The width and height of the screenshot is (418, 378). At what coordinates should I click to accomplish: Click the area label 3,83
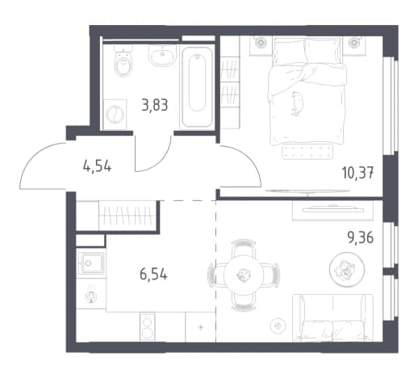pyautogui.click(x=155, y=105)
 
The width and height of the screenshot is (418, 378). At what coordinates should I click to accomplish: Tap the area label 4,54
pyautogui.click(x=97, y=166)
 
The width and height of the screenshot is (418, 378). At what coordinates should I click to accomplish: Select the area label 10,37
pyautogui.click(x=357, y=173)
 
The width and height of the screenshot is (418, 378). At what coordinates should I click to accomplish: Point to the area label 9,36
pyautogui.click(x=361, y=237)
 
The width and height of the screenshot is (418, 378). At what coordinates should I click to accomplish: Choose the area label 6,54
pyautogui.click(x=153, y=275)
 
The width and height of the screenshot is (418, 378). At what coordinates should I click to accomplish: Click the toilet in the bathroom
pyautogui.click(x=123, y=61)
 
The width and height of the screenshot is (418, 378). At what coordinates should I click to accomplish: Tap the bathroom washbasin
pyautogui.click(x=162, y=55)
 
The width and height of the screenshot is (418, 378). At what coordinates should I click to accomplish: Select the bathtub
pyautogui.click(x=197, y=86)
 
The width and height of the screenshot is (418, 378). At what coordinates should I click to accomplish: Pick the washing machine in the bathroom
pyautogui.click(x=115, y=115)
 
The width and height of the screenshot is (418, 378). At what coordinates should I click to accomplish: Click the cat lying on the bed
pyautogui.click(x=297, y=103)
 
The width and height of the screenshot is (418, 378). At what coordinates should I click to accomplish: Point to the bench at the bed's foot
pyautogui.click(x=307, y=151)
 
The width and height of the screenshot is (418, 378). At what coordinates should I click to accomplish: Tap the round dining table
pyautogui.click(x=244, y=275)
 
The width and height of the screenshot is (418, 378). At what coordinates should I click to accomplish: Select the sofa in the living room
pyautogui.click(x=332, y=317)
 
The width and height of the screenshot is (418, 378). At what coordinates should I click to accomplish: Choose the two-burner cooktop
pyautogui.click(x=148, y=327)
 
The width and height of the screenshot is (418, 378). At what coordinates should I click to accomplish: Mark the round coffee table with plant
pyautogui.click(x=347, y=269)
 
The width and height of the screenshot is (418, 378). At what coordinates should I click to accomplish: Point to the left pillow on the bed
pyautogui.click(x=289, y=52)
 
